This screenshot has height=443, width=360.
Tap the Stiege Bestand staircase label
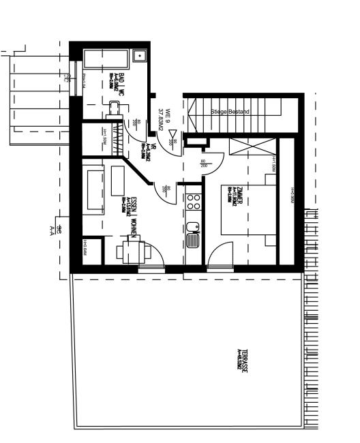[230, 111]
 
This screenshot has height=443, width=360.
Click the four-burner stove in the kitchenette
[194, 201]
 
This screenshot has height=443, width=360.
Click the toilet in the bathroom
[116, 110]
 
